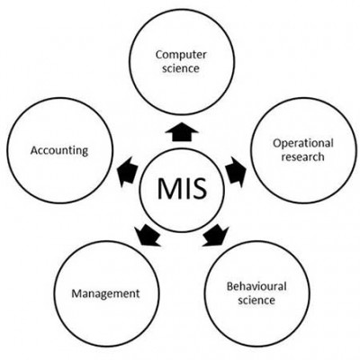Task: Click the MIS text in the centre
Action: point(182,188)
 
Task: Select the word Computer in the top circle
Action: point(181,55)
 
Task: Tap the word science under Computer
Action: point(181,68)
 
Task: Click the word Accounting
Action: point(59,150)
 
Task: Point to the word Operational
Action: point(303,143)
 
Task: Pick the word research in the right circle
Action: point(302,157)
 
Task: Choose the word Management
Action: point(105,293)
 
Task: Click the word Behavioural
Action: point(256,286)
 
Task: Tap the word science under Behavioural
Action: point(256,300)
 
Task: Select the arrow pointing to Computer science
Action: point(182,131)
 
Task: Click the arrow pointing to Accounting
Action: point(127,172)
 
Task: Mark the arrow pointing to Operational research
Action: point(236,170)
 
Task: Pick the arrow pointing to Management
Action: point(147,236)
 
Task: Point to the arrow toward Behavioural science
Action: point(216,237)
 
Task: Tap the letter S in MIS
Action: point(199,188)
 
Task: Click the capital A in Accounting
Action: point(34,150)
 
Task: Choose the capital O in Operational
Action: point(277,142)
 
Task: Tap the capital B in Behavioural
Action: point(230,286)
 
